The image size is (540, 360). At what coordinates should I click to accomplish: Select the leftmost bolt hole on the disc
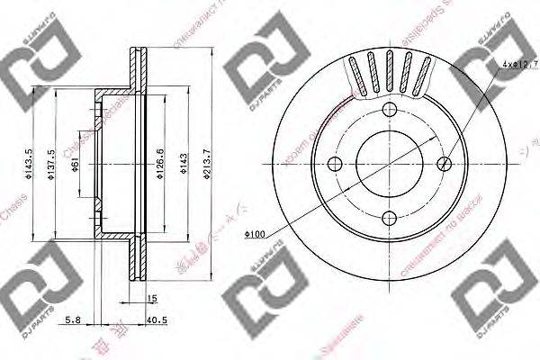[334, 164]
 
